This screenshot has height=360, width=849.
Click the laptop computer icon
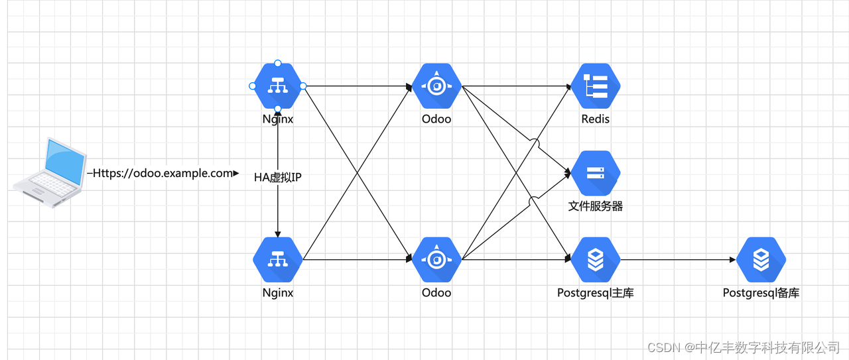[50, 173]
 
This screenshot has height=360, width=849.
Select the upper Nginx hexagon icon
[277, 86]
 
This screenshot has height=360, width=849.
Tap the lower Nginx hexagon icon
[277, 259]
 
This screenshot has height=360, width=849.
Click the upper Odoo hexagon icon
[436, 86]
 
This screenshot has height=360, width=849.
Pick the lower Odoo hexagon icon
[436, 259]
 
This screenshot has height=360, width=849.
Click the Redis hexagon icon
[595, 86]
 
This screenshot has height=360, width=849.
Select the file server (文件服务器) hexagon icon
[595, 173]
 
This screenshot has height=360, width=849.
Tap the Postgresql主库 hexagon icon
[595, 259]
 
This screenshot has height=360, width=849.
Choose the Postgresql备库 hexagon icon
[761, 259]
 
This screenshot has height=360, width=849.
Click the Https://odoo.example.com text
[163, 173]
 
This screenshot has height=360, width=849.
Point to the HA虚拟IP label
[278, 177]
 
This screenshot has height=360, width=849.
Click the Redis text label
[595, 119]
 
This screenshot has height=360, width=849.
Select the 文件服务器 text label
[595, 206]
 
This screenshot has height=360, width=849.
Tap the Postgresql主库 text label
[595, 292]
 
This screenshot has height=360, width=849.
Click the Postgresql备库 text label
[761, 292]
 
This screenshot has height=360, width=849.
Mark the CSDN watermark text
[743, 347]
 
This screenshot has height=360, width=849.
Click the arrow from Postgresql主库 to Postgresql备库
[677, 259]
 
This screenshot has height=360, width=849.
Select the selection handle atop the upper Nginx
[278, 64]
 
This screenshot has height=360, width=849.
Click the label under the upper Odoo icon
[436, 119]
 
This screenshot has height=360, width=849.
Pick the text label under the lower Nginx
[277, 292]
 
